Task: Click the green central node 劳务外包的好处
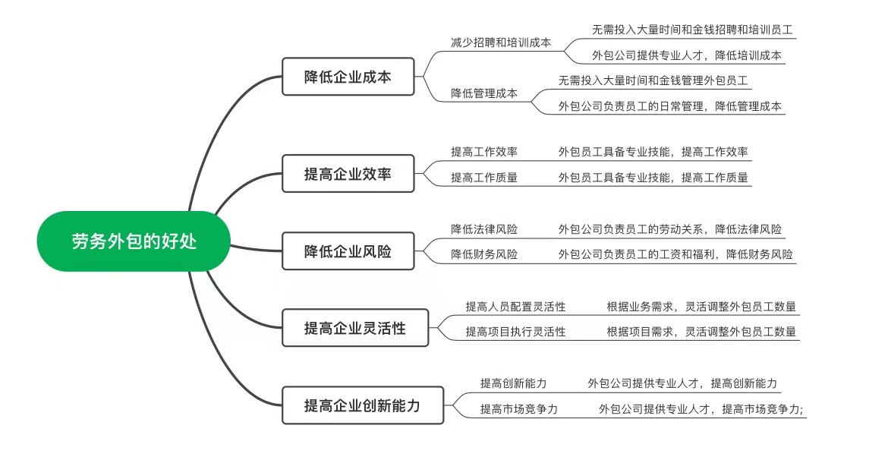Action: click(x=134, y=241)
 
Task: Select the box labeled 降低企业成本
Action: click(x=348, y=77)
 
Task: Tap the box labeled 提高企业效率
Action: click(x=348, y=173)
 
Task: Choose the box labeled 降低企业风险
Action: click(x=348, y=251)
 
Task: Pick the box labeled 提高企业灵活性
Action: click(x=355, y=328)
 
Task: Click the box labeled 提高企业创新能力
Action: click(x=363, y=405)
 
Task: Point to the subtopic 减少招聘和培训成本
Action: click(x=501, y=43)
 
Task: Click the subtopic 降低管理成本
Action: click(x=484, y=93)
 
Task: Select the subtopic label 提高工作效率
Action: click(x=484, y=152)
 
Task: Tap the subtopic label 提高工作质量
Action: click(x=484, y=178)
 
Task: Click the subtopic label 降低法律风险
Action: click(x=484, y=229)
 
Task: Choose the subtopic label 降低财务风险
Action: click(x=484, y=255)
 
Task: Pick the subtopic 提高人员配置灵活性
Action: click(x=515, y=307)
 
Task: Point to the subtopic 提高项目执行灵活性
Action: click(x=515, y=332)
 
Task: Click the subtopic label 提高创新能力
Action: click(x=514, y=383)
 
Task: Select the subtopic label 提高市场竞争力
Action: click(x=518, y=409)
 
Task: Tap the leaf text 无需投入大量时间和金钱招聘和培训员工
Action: click(x=692, y=30)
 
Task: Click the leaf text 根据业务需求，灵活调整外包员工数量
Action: click(x=702, y=307)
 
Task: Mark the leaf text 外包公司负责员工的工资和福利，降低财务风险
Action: click(x=675, y=255)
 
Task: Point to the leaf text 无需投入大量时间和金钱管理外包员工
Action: click(x=653, y=81)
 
